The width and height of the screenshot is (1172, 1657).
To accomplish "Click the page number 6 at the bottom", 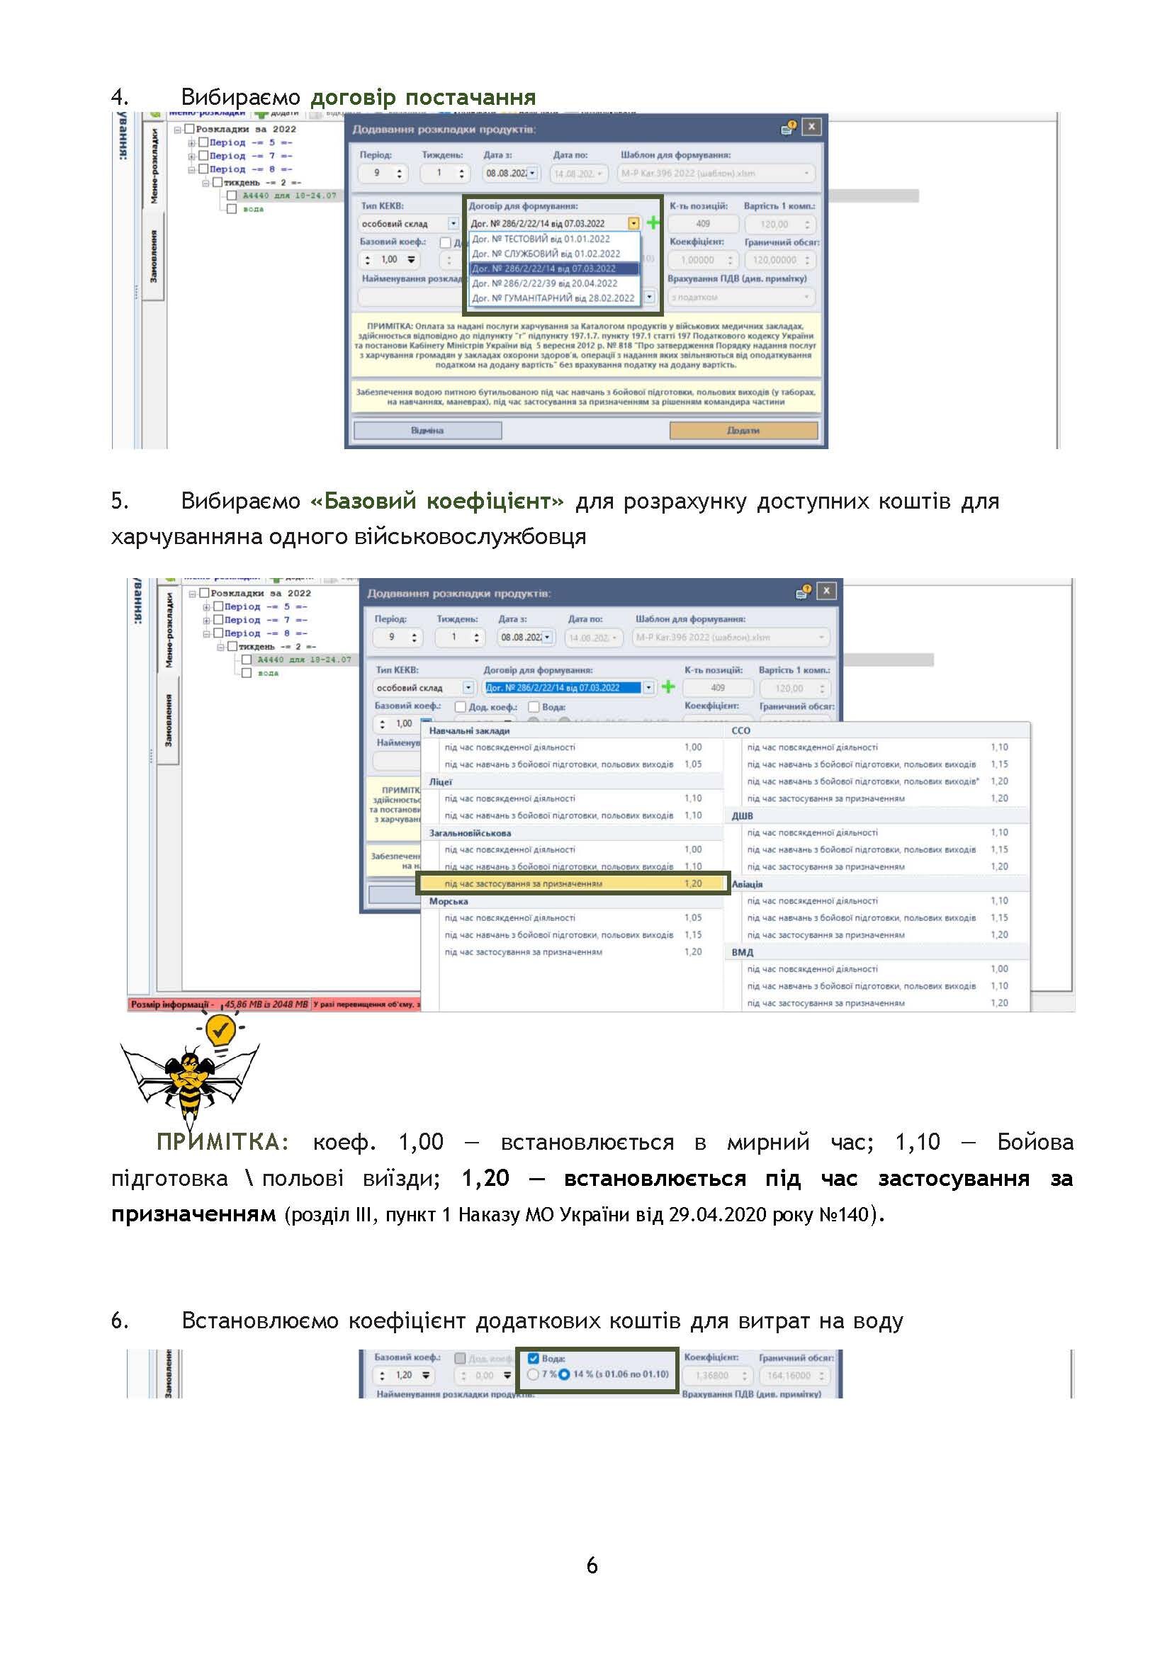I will (592, 1565).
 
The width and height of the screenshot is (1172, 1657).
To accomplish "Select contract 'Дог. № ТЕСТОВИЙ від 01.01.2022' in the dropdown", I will (541, 239).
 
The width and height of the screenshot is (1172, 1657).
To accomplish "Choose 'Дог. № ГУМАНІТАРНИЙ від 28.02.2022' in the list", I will (553, 298).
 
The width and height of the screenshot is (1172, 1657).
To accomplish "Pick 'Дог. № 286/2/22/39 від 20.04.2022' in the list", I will (544, 283).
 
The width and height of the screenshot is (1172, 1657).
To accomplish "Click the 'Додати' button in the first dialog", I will (743, 430).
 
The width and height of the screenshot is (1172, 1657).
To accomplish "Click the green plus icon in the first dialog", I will (653, 223).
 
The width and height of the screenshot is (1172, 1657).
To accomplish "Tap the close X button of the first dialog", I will (812, 127).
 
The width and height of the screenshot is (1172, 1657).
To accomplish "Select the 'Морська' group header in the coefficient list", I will (448, 901).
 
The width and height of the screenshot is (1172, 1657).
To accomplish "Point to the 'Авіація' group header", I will (747, 884).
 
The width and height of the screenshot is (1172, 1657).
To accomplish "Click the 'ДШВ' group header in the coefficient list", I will (742, 815).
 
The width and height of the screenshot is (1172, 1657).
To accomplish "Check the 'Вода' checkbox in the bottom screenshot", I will (534, 1358).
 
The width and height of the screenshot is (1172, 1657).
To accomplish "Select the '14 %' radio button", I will (564, 1374).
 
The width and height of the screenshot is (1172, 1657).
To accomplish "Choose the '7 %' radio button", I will (533, 1374).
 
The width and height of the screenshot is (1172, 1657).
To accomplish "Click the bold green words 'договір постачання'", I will (423, 97).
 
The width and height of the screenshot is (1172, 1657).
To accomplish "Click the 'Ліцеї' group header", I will (440, 781).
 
